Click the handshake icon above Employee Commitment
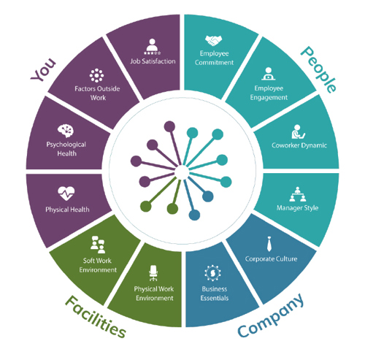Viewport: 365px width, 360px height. point(213,41)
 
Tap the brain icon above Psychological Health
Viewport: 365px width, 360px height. point(66,131)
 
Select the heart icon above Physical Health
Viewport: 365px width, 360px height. point(66,194)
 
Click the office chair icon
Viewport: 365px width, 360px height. point(153,273)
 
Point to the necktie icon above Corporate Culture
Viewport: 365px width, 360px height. point(269,244)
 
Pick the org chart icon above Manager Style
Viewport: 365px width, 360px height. point(297,194)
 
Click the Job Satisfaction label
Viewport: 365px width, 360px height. point(153,61)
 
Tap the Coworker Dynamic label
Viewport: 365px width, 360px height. point(299,145)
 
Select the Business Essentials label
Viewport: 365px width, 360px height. point(215,294)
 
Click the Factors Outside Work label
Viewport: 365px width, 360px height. point(97,93)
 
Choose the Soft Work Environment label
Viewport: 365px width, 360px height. point(98,265)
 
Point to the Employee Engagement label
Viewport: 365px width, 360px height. point(269,93)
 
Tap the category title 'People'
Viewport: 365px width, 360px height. point(319,69)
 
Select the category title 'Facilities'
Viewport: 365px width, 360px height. point(96,316)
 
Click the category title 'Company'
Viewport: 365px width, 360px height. point(271,315)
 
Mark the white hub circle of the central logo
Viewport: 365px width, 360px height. point(182,172)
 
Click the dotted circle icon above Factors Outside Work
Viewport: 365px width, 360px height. point(96,75)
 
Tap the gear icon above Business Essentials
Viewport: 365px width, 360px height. point(212,273)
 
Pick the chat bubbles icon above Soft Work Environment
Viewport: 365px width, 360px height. point(98,245)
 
